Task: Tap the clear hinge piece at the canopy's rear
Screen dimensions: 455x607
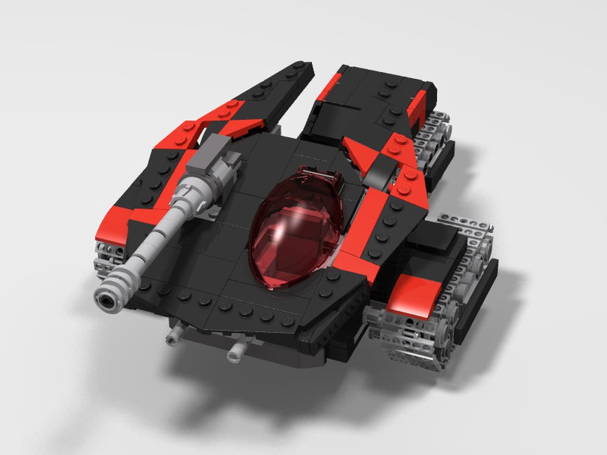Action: click(328, 179)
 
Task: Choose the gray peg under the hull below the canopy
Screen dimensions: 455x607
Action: click(237, 351)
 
